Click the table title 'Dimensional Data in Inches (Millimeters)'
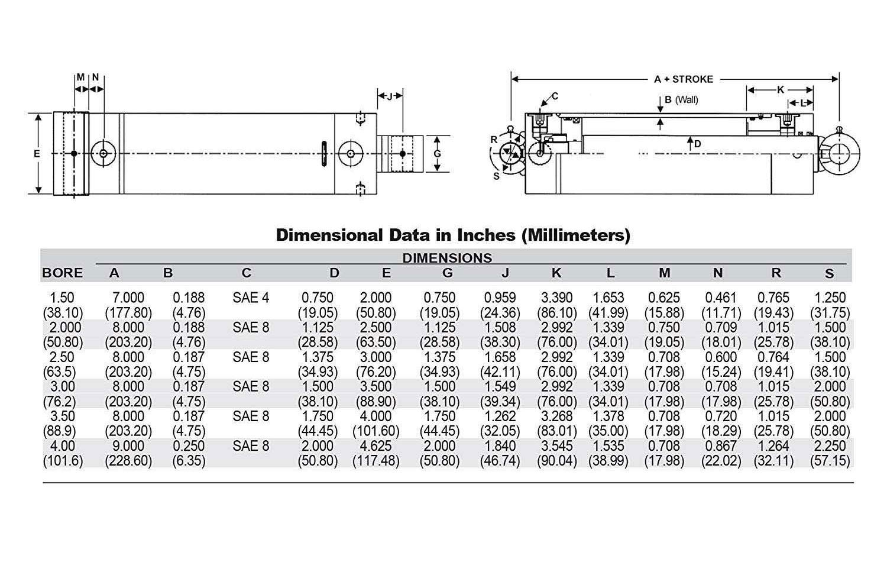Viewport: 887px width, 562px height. pos(453,235)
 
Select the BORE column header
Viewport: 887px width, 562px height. pos(62,273)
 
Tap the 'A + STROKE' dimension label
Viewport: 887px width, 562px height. pos(683,79)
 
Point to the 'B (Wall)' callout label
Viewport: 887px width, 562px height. pos(681,99)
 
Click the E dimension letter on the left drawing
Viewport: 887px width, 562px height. pos(37,153)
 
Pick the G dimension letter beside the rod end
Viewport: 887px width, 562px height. pos(438,153)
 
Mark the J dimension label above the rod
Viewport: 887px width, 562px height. pos(390,96)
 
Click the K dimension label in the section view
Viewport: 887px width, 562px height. pos(780,90)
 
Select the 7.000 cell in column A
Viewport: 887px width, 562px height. pos(128,298)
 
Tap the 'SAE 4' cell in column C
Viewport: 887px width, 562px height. pos(251,298)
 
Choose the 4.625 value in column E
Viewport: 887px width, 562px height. pos(375,445)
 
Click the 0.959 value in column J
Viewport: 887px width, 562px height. pos(500,298)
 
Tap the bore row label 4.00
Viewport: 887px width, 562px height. pos(62,445)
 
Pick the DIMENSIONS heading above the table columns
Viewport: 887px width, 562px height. pos(447,258)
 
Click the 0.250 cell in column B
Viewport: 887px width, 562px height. pos(189,445)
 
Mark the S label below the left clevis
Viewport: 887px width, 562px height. pos(496,176)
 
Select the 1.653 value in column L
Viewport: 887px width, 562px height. pos(608,298)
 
